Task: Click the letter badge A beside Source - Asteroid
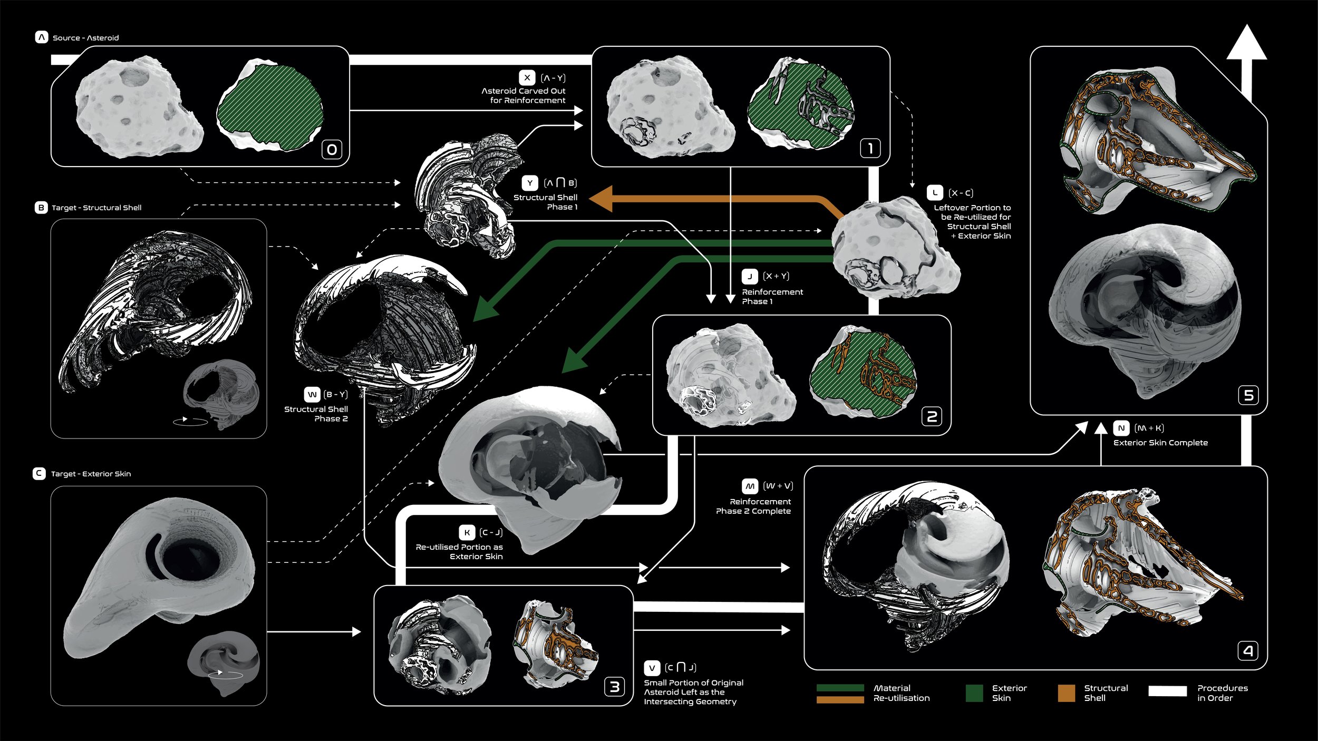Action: tap(42, 37)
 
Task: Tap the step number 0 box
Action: tap(332, 150)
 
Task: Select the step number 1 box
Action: tap(870, 148)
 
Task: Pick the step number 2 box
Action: tap(932, 417)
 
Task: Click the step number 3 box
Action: tap(615, 687)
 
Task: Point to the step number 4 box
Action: tap(1248, 651)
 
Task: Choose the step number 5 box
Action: tap(1248, 395)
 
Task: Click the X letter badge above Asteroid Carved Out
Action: tap(527, 77)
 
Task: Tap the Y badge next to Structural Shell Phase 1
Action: tap(530, 183)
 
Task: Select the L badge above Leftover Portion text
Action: tap(935, 193)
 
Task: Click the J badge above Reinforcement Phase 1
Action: tap(750, 276)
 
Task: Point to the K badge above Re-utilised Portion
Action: tap(467, 532)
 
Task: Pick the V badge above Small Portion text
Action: tap(652, 668)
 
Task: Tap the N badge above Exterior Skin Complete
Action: tap(1121, 428)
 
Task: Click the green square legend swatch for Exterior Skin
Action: tap(974, 693)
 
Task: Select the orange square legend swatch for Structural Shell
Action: tap(1067, 693)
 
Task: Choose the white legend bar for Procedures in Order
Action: tap(1168, 691)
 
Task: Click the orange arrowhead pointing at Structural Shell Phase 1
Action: tap(600, 199)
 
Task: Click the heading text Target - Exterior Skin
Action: tap(91, 474)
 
